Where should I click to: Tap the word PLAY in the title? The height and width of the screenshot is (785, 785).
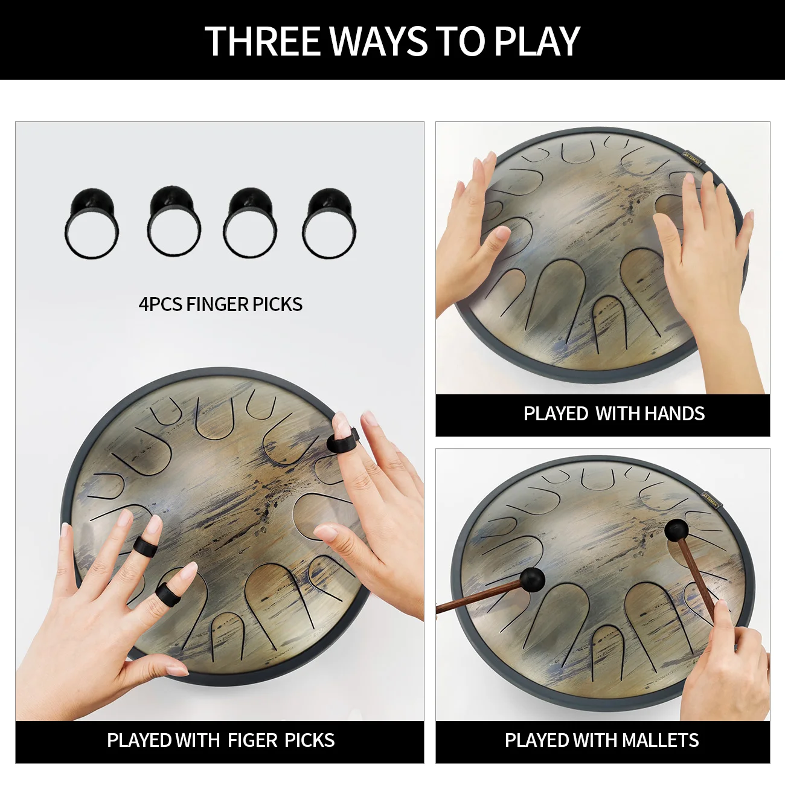(537, 41)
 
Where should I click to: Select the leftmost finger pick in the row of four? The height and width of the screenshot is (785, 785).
(92, 223)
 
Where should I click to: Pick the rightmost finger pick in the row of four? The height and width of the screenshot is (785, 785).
(330, 223)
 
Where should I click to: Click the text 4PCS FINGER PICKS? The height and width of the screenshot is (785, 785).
(220, 304)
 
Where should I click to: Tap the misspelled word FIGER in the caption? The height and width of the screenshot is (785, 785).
(252, 740)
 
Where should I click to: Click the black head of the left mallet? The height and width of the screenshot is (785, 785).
(532, 579)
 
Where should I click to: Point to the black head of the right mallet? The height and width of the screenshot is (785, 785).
(676, 530)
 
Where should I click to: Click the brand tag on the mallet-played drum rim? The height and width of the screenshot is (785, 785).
(710, 501)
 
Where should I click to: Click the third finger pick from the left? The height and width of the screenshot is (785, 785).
(250, 223)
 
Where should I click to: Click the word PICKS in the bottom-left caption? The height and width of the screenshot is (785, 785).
(309, 740)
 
